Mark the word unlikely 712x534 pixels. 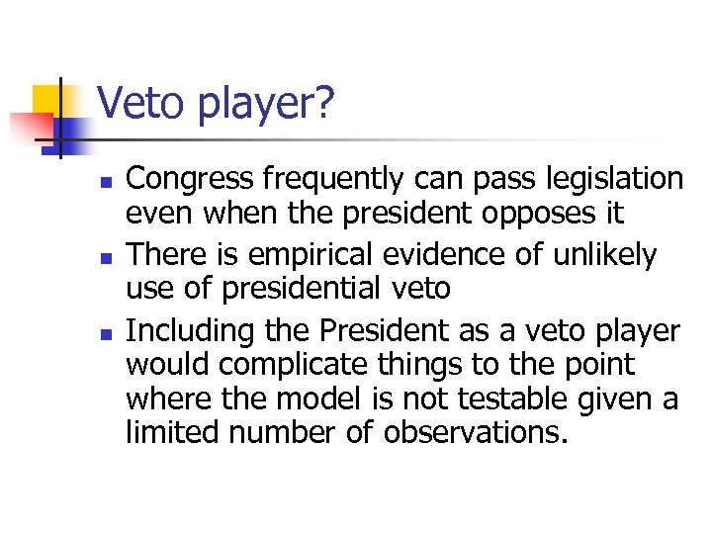tap(602, 255)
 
